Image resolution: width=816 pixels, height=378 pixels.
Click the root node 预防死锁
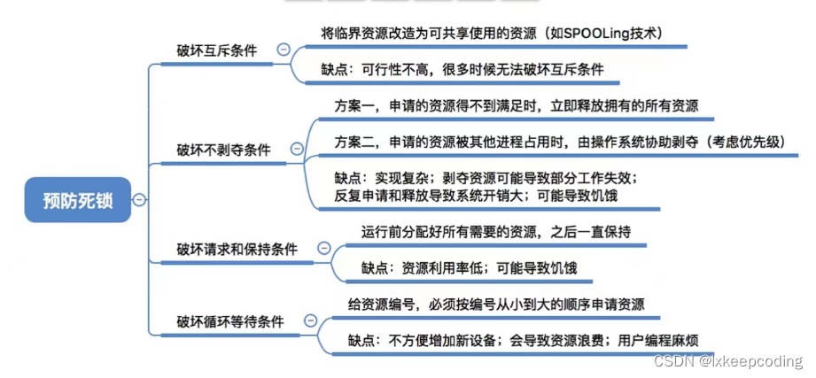pos(78,199)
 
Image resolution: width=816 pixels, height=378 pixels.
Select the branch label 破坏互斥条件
pos(216,50)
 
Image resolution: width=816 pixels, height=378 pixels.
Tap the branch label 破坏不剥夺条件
pos(222,150)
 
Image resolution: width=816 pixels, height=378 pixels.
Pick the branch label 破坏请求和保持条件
pos(237,249)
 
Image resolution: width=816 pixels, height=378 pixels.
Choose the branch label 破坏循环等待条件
pos(230,321)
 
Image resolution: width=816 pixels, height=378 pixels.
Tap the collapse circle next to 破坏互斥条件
pos(283,50)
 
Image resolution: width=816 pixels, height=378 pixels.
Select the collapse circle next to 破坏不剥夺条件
pos(297,150)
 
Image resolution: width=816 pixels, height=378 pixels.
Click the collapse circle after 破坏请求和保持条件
pos(324,249)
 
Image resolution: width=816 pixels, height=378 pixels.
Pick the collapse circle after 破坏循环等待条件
pos(310,321)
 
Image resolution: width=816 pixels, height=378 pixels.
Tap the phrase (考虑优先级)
pos(745,142)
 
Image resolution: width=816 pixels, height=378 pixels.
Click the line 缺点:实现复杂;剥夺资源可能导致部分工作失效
pos(485,178)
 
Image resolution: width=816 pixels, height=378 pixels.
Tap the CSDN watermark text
pos(727,361)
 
